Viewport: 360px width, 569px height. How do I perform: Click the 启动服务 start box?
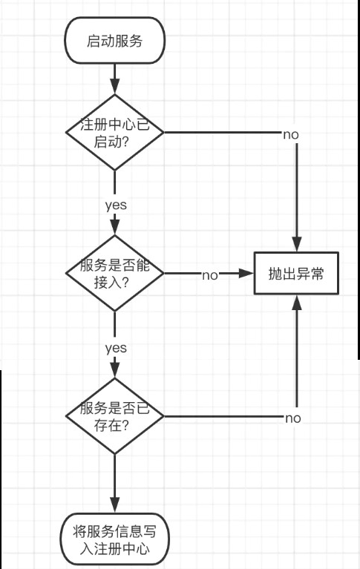tap(115, 40)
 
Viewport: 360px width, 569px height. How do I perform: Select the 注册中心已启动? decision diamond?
tap(115, 132)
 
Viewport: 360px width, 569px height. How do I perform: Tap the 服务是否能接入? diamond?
tap(115, 273)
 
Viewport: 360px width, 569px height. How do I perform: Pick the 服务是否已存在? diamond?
tap(115, 416)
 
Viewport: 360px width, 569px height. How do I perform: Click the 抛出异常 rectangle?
tap(296, 273)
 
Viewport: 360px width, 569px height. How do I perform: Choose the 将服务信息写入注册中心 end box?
tap(115, 539)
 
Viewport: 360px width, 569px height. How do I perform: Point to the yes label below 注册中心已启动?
tap(116, 205)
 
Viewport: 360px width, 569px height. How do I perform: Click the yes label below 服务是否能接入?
tap(116, 348)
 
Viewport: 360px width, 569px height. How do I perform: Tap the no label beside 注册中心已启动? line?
tap(291, 134)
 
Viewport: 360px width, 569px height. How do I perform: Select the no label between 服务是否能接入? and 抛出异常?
tap(210, 275)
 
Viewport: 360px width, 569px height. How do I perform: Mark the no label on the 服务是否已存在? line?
tap(292, 418)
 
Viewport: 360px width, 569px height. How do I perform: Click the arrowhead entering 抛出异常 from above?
tap(297, 244)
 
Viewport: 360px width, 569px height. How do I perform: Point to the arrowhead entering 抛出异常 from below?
tap(297, 302)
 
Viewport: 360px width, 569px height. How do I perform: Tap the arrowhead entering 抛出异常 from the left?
tap(246, 273)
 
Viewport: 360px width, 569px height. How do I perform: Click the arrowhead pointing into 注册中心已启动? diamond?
tap(115, 86)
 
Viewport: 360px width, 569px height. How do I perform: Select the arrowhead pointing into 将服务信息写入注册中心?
tap(115, 505)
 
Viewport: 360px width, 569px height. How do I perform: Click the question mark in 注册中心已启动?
tap(124, 142)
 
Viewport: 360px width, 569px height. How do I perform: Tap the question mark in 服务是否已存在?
tap(124, 425)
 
